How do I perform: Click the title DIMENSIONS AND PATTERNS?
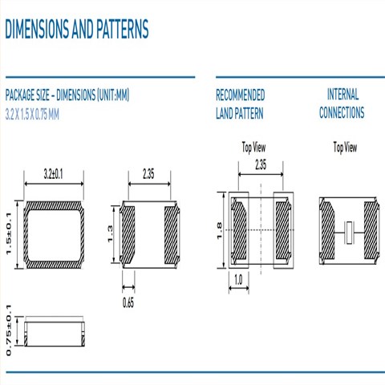(77, 29)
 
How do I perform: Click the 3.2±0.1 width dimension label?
(54, 174)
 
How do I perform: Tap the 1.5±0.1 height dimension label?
(9, 234)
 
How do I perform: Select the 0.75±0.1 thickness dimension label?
(9, 330)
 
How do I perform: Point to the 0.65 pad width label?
(128, 303)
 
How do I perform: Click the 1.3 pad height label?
(110, 234)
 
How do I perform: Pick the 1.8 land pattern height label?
(219, 230)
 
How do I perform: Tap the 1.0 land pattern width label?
(238, 280)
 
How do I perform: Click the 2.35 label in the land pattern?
(261, 164)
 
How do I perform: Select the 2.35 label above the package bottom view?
(148, 174)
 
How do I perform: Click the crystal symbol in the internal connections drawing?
(349, 233)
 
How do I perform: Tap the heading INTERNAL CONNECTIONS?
(342, 103)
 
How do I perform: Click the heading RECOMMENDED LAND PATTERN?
(241, 104)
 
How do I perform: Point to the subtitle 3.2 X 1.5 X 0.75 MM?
(32, 115)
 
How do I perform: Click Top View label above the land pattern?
(253, 148)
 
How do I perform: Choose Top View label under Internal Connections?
(345, 148)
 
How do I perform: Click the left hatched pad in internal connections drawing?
(326, 230)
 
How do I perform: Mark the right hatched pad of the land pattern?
(283, 230)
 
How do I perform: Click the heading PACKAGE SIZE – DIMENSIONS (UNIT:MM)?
(67, 95)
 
